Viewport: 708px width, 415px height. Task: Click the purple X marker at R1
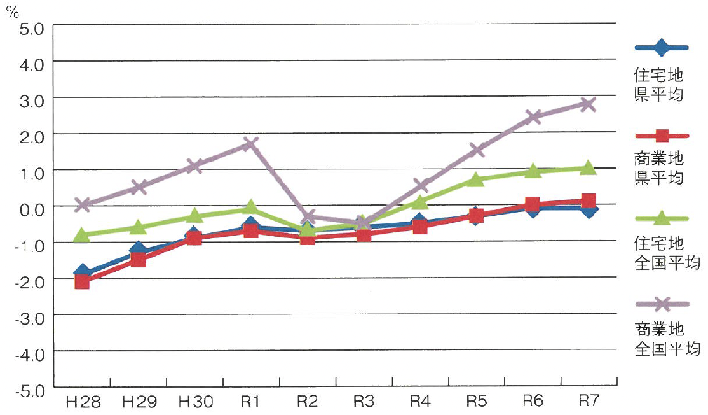250,144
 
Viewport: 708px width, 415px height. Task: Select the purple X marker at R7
588,104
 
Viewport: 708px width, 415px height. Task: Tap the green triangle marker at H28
82,235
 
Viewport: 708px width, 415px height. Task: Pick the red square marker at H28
82,281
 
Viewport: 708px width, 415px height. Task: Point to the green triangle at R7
588,167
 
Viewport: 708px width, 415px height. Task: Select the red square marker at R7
588,200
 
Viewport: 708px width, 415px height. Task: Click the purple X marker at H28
82,204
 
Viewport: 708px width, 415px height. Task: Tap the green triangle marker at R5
476,179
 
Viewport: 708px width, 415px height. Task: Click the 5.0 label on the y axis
32,29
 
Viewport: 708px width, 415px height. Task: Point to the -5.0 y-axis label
29,391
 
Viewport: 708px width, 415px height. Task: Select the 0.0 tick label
32,210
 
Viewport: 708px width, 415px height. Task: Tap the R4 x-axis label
420,401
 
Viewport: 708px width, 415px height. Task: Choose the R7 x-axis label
589,400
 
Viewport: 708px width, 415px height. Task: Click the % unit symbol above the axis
13,11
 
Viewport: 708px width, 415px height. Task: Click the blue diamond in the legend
662,47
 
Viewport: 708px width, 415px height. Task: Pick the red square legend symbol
662,135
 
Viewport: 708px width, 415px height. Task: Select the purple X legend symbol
662,304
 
